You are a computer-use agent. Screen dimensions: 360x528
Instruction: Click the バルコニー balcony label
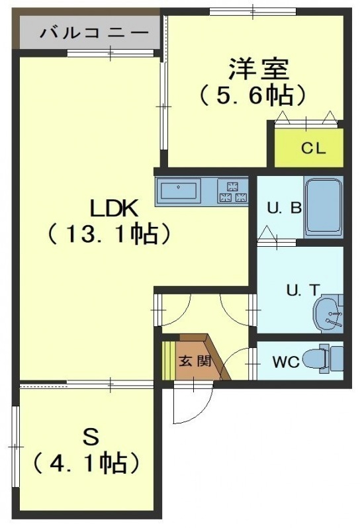(x=95, y=32)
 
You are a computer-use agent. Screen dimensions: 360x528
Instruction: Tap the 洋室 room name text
(x=258, y=69)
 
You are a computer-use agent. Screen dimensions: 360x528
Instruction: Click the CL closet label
(x=313, y=148)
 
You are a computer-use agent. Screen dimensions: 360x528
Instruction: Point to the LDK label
(x=114, y=208)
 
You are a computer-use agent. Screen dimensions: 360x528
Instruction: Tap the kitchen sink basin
(x=178, y=191)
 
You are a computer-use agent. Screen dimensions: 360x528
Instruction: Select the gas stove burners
(x=233, y=192)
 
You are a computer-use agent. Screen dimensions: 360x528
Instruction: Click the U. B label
(x=285, y=208)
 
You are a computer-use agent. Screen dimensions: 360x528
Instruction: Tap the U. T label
(x=302, y=290)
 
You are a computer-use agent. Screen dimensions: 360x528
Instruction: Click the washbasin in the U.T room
(x=328, y=314)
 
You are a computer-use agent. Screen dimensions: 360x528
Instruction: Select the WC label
(x=286, y=362)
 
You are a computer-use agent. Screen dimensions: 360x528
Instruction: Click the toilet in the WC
(x=323, y=359)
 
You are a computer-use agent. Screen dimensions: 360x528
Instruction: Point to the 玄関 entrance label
(x=195, y=361)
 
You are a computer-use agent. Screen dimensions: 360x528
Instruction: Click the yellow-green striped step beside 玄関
(x=169, y=360)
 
